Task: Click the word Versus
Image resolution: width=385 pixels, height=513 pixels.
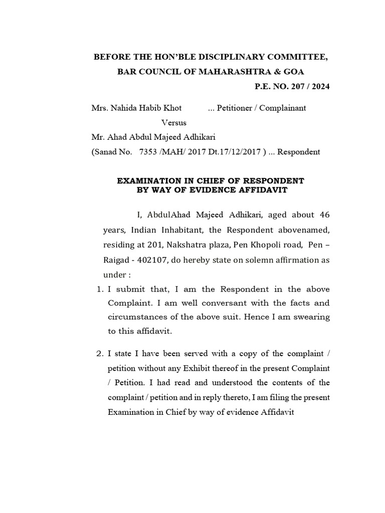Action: pos(174,122)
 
